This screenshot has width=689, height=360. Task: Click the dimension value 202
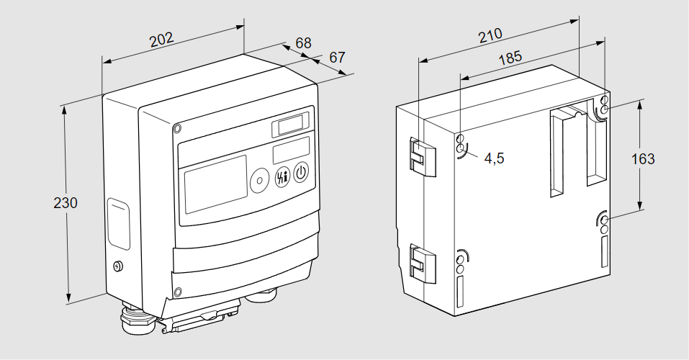tap(162, 39)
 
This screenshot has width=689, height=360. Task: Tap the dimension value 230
tap(66, 203)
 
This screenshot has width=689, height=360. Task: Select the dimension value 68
tap(304, 43)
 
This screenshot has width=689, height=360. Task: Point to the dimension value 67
tap(338, 57)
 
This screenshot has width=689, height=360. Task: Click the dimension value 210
tap(490, 35)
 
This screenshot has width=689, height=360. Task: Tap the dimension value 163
tap(643, 158)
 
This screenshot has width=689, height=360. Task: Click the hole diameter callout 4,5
tap(495, 158)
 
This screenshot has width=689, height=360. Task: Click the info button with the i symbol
tap(281, 178)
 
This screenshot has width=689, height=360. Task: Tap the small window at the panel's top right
tap(290, 125)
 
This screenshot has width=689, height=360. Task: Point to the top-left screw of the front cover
tap(177, 129)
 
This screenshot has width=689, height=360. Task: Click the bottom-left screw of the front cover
tap(177, 292)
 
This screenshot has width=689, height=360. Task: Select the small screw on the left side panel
tap(119, 266)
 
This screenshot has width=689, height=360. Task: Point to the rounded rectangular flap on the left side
tap(119, 225)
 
